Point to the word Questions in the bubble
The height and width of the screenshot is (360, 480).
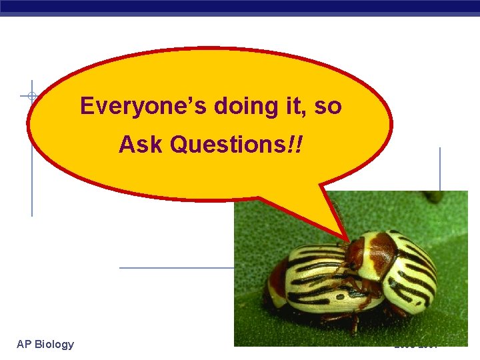coord(227,144)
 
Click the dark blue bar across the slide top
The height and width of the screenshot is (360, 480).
coord(240,7)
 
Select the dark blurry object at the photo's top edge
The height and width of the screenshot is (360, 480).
coord(433,196)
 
